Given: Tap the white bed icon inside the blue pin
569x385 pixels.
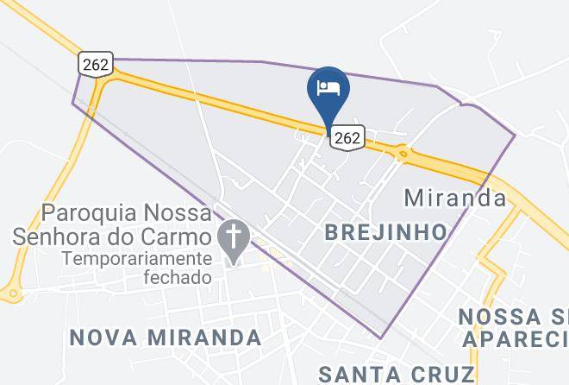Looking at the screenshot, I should pyautogui.click(x=328, y=87).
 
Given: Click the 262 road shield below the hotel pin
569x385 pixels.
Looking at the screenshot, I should pyautogui.click(x=347, y=136).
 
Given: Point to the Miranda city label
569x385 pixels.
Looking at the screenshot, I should pyautogui.click(x=455, y=198).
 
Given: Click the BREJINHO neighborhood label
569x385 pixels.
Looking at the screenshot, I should pyautogui.click(x=386, y=232).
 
